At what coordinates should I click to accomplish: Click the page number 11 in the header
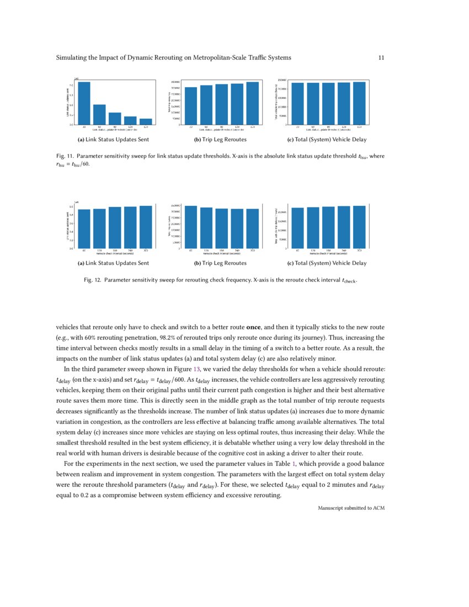point(381,57)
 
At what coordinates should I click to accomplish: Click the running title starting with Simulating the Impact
point(174,57)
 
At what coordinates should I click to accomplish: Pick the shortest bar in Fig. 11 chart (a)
point(146,121)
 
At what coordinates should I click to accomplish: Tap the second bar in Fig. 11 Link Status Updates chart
point(99,114)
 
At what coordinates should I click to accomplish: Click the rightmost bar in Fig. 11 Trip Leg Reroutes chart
point(253,103)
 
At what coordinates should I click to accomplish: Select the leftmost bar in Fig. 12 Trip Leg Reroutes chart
point(191,227)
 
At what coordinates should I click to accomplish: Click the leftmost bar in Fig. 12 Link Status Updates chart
point(84,228)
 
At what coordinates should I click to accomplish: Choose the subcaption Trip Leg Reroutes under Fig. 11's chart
point(220,140)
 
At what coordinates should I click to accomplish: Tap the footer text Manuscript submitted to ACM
point(351,508)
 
